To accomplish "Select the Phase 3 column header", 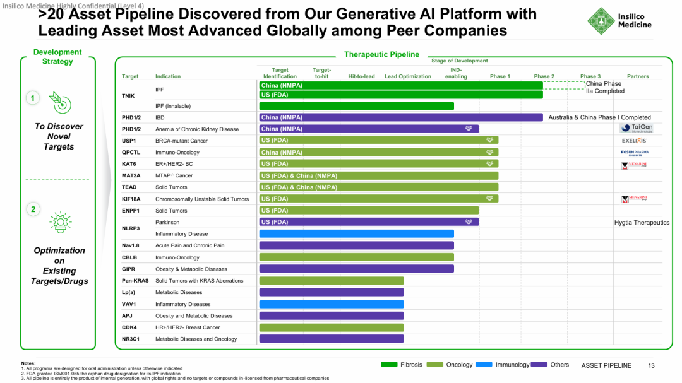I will coord(590,76).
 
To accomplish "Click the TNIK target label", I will coord(128,96).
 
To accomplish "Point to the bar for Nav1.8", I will coord(356,245).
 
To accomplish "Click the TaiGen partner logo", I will coord(637,128).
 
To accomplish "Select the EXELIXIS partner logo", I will coord(634,141).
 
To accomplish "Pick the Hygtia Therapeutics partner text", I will coord(642,222).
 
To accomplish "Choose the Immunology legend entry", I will coord(505,365).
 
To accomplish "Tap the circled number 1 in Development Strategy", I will coord(32,98).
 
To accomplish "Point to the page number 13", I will coord(652,365).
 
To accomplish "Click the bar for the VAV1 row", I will coord(332,304).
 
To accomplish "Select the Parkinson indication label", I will coord(167,222).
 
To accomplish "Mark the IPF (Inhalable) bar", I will coord(356,106).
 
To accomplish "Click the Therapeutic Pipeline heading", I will coord(381,55).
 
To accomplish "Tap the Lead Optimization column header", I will coord(408,76).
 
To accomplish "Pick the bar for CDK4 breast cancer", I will coord(332,327).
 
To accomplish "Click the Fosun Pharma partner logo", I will coord(635,153).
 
